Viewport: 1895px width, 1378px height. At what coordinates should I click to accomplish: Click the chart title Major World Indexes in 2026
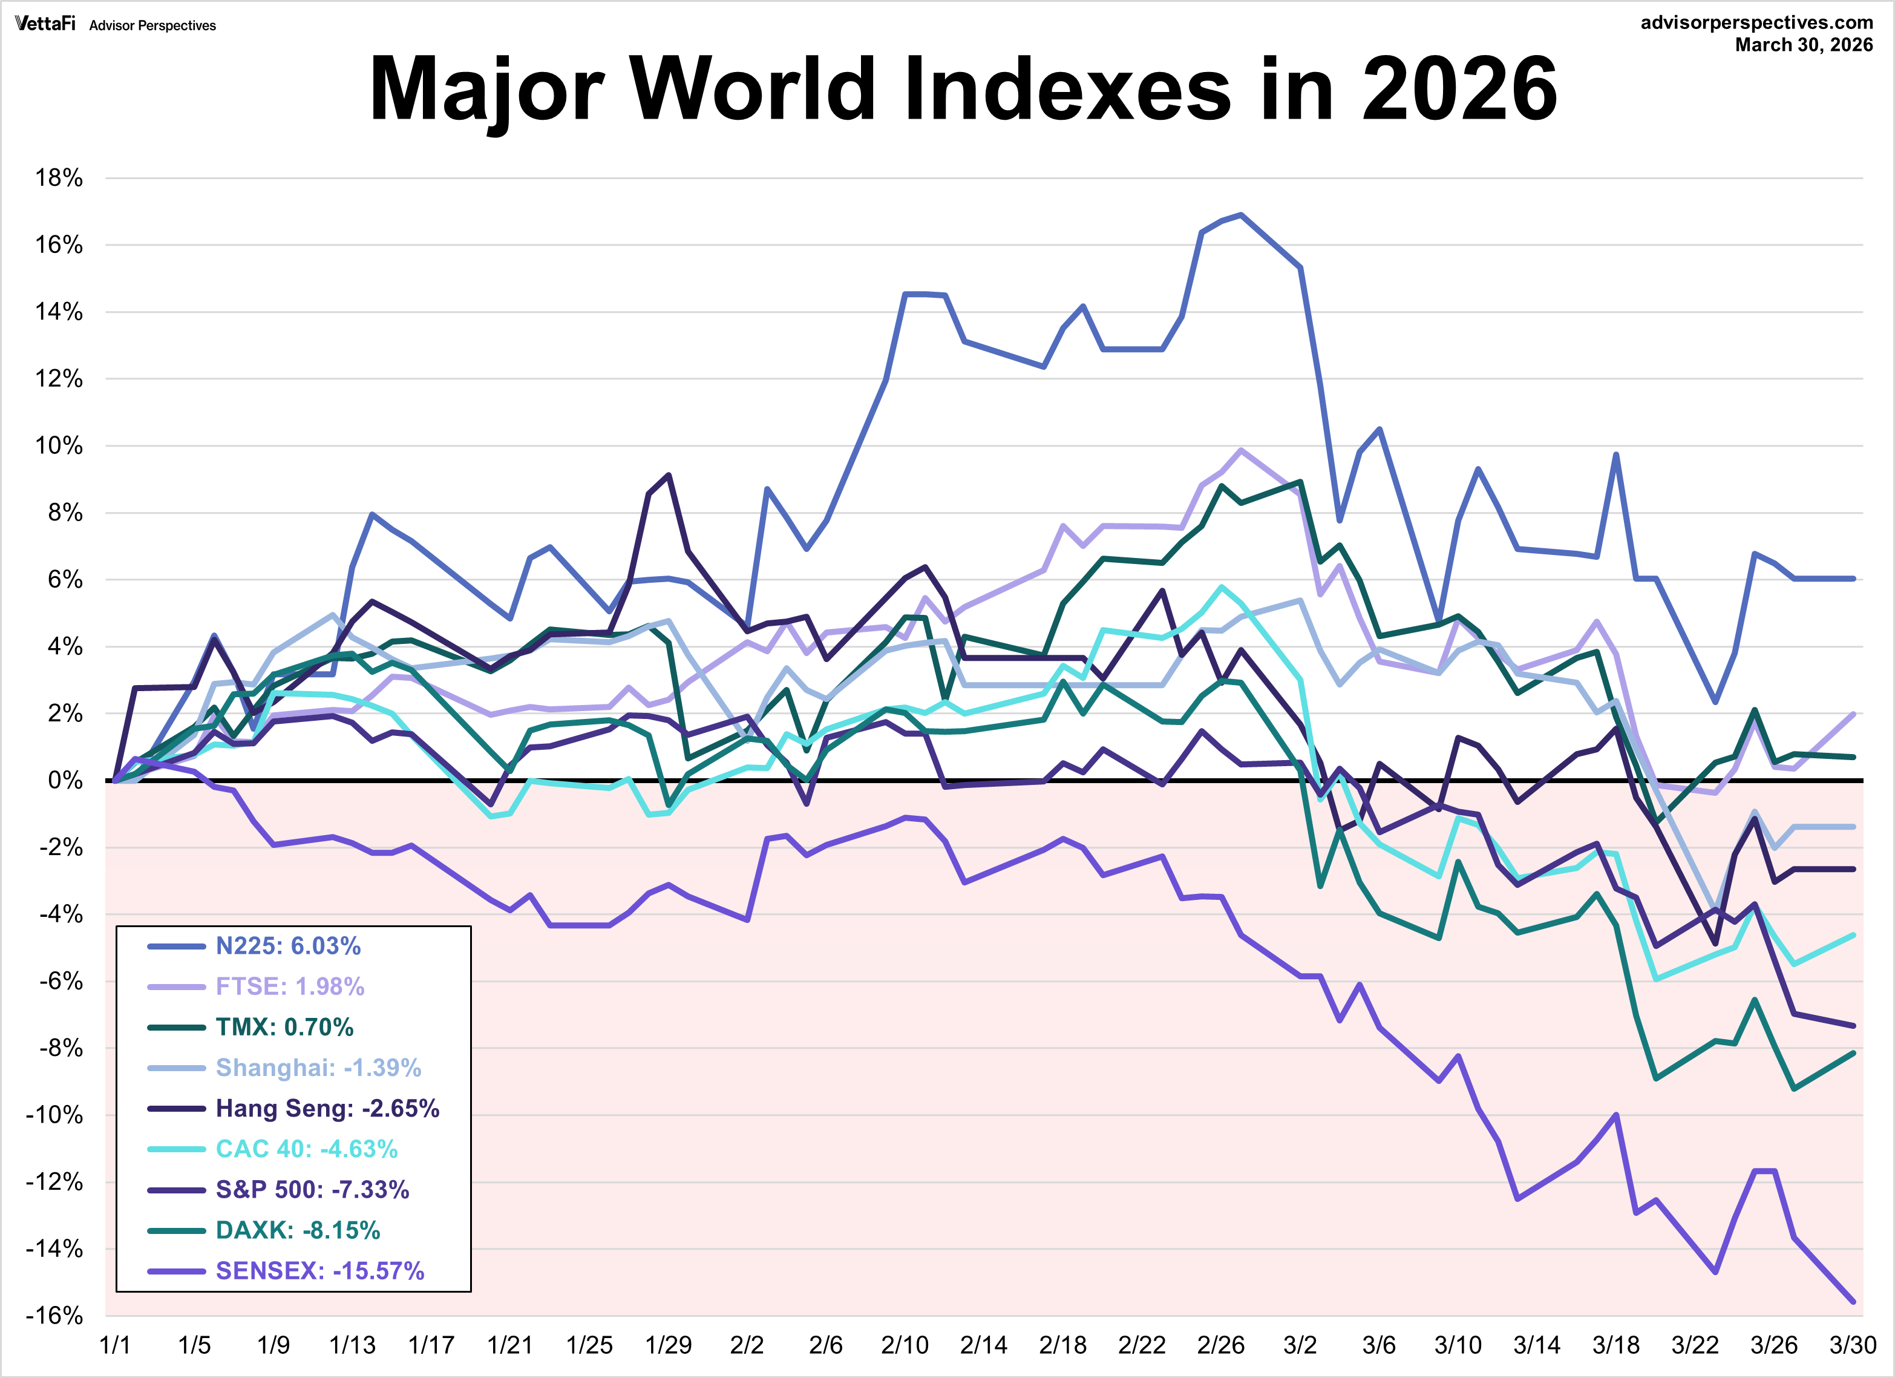click(963, 88)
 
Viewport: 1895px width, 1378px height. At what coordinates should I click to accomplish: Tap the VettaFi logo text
click(45, 24)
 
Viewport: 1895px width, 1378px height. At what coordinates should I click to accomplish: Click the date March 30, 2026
click(1803, 45)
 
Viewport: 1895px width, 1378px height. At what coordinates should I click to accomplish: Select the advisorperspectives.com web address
click(1756, 22)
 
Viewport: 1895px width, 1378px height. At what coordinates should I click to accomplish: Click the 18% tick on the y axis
click(59, 178)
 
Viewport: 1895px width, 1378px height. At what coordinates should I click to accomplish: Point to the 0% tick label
click(65, 781)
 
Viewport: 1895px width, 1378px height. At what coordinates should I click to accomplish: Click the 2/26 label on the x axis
click(1221, 1345)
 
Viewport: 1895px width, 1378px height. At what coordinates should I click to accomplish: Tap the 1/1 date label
click(116, 1345)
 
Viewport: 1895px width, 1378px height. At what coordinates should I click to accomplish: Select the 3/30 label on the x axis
click(1853, 1345)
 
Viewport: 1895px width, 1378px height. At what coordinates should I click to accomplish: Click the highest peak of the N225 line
click(1241, 215)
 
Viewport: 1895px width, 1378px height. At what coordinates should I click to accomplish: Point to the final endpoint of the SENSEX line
click(1853, 1301)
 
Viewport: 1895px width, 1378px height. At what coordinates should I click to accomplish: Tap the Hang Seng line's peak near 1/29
click(669, 476)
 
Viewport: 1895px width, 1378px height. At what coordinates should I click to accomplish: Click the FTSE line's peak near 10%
click(1241, 450)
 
